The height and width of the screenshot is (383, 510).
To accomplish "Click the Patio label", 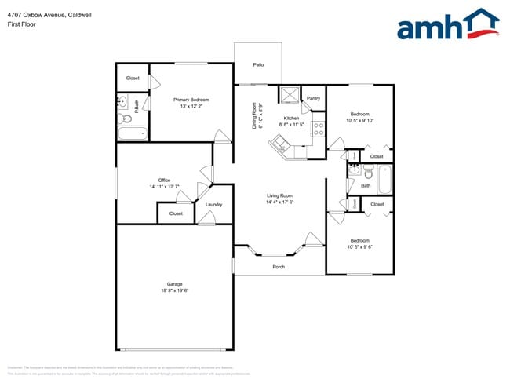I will (257, 64).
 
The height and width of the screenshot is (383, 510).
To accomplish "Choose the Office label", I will (164, 181).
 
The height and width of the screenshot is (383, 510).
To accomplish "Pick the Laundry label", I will (213, 205).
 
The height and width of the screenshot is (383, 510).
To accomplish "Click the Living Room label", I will (279, 195).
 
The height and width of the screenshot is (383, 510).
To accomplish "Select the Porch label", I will (279, 267).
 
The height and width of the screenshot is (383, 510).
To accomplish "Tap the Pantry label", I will (313, 98).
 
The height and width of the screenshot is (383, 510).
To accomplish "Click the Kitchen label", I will (292, 119).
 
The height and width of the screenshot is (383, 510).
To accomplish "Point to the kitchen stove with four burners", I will (319, 129).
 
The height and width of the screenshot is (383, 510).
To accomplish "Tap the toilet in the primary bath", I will (124, 119).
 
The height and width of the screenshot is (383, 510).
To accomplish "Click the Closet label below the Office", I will (176, 213).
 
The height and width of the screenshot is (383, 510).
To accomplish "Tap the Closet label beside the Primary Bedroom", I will (133, 78).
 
